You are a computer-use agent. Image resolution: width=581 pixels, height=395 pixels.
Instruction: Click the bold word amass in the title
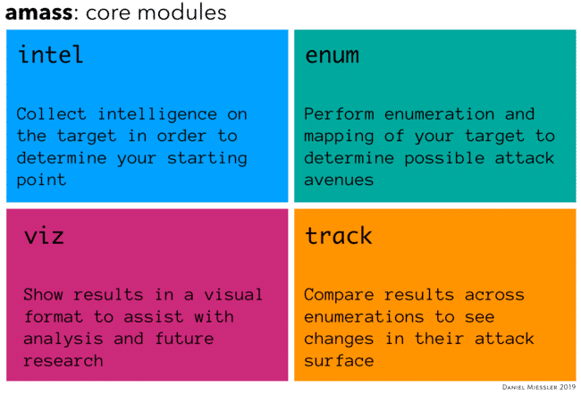click(x=39, y=13)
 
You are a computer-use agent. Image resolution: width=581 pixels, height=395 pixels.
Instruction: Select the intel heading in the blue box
click(x=51, y=55)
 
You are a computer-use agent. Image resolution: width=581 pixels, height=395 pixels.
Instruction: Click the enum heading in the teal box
click(x=332, y=55)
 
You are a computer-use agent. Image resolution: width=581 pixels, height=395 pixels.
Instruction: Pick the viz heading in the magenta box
click(x=44, y=236)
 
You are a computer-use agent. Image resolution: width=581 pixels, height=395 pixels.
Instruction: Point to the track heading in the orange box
click(x=339, y=236)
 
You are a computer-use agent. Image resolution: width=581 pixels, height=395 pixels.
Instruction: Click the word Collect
click(x=51, y=114)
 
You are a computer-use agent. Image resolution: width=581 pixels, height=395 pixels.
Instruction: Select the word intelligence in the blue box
click(x=157, y=115)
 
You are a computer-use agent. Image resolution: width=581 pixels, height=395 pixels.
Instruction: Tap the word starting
click(x=207, y=158)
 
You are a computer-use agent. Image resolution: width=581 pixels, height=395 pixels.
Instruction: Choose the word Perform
click(x=339, y=114)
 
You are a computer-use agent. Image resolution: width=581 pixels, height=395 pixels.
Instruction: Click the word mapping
click(x=339, y=137)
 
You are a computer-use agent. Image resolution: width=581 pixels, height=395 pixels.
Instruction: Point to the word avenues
click(x=339, y=181)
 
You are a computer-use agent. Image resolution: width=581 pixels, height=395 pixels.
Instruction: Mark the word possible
click(x=444, y=158)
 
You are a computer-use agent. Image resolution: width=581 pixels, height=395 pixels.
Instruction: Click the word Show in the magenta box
click(x=43, y=295)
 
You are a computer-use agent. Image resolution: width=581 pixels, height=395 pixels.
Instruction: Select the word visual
click(x=233, y=295)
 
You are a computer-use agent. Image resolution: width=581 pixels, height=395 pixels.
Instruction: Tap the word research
click(x=63, y=361)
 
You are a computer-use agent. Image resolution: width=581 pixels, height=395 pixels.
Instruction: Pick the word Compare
click(x=339, y=296)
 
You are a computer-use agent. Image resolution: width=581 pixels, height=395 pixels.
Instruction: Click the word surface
click(x=339, y=361)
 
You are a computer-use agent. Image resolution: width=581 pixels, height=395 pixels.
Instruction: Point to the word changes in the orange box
click(x=339, y=340)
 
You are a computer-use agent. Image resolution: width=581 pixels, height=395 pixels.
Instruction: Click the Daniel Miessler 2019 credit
click(x=539, y=387)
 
